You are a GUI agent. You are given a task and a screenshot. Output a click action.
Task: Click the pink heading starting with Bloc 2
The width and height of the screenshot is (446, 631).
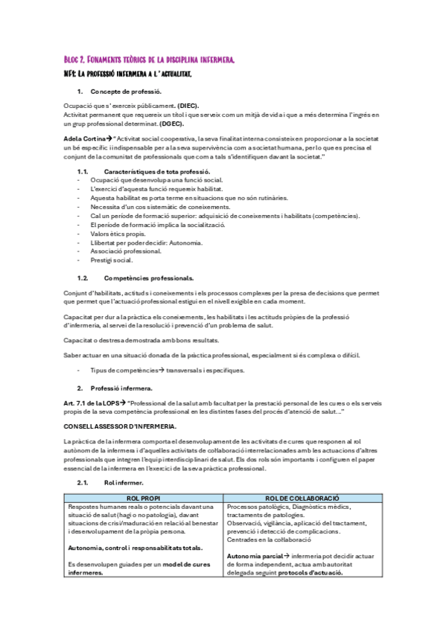point(150,60)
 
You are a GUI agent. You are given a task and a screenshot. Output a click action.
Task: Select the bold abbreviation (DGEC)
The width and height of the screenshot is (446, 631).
point(171,124)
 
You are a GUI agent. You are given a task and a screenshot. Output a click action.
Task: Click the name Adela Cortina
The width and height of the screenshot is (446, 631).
point(83,139)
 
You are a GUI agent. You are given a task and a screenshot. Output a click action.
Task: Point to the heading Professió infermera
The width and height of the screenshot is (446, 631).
point(121,388)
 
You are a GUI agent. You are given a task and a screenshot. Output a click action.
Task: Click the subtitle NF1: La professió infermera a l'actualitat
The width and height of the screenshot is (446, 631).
point(127,74)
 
